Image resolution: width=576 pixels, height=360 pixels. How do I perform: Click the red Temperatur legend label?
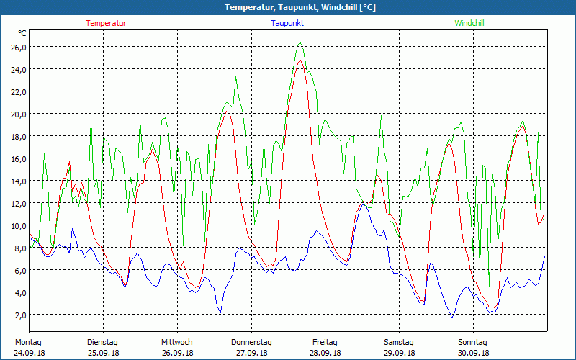pos(106,23)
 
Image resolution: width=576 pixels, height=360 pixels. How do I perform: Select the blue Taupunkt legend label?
pos(287,23)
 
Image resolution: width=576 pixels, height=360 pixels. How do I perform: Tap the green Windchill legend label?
pos(469,23)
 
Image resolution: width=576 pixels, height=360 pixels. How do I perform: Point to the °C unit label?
pos(22,33)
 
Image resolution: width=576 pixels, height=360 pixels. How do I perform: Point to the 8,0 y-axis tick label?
pos(19,248)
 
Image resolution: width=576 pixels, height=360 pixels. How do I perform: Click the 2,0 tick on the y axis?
pos(19,315)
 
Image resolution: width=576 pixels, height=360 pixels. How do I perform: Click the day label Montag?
pos(28,342)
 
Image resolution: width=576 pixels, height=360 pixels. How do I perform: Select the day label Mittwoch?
pos(176,342)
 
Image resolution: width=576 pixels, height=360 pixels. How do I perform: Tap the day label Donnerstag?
pos(251,342)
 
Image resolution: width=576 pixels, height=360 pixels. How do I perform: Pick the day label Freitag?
pos(325,342)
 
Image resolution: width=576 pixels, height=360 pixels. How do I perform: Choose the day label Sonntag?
pos(473,342)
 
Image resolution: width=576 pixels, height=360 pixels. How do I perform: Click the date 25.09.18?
pos(102,353)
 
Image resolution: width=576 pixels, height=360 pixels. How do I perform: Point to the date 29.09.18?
pos(399,353)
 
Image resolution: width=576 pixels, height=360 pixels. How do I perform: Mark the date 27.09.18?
pos(251,353)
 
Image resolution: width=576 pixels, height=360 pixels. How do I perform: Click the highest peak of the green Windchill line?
pos(300,43)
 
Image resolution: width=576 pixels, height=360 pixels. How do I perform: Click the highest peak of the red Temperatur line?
pos(300,60)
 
